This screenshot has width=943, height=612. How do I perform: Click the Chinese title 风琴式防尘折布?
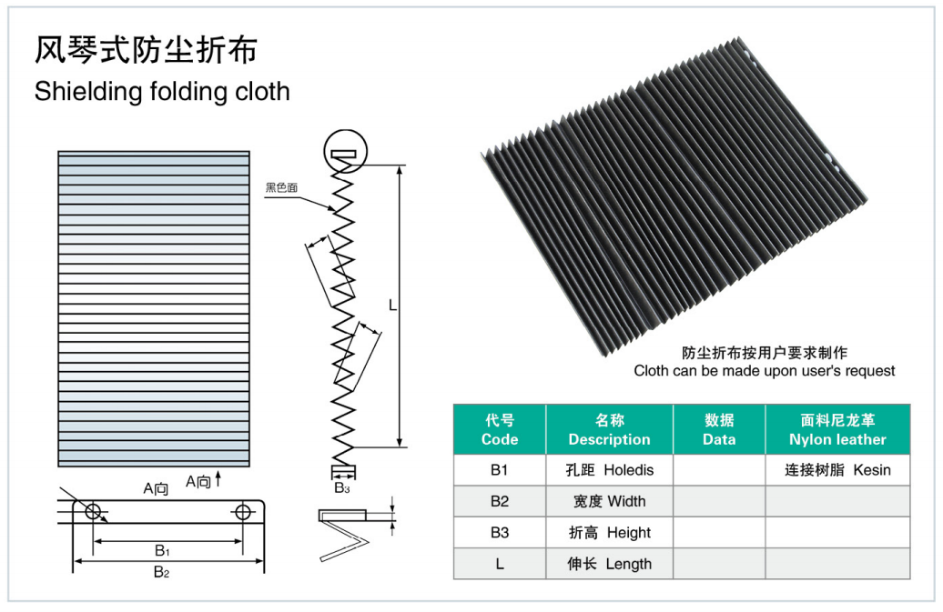(146, 50)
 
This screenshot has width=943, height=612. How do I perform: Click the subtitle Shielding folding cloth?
(162, 92)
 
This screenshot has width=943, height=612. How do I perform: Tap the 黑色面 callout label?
(282, 188)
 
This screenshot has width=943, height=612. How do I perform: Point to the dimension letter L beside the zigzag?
(392, 306)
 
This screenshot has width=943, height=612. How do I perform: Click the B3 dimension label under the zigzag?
(342, 488)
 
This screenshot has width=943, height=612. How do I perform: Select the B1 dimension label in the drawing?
(161, 550)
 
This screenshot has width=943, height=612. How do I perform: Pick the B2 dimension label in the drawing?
(161, 572)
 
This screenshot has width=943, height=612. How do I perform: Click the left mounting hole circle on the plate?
(93, 512)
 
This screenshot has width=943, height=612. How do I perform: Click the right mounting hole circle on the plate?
(243, 512)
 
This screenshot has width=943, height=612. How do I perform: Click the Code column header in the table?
(500, 430)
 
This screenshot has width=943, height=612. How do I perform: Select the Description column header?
(609, 430)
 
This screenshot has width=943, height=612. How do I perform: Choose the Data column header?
(719, 430)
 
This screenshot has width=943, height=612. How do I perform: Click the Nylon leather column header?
(837, 430)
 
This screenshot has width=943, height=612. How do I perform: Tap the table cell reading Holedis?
(609, 470)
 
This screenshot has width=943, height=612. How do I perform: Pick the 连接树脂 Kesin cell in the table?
(837, 470)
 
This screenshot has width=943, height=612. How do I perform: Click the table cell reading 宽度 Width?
(609, 501)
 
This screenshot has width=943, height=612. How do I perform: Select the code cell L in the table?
(500, 564)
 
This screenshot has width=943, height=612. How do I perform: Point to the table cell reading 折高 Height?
(609, 533)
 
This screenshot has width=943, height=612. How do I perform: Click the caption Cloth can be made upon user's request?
(765, 371)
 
